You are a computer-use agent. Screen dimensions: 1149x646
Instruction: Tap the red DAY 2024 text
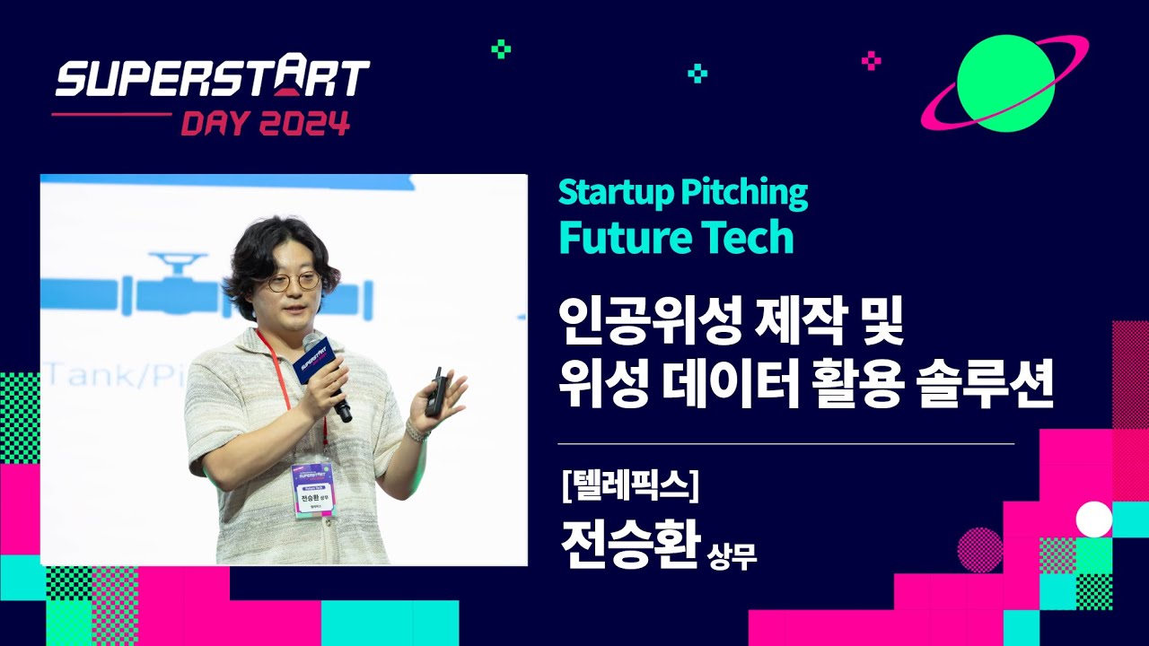pyautogui.click(x=266, y=122)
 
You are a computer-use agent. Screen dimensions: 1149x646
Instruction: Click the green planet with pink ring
pyautogui.click(x=1004, y=83)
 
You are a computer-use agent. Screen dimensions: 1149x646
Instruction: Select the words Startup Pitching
pyautogui.click(x=683, y=193)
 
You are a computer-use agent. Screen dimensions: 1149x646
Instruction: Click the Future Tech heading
pyautogui.click(x=676, y=236)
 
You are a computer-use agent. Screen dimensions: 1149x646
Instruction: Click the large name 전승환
pyautogui.click(x=631, y=544)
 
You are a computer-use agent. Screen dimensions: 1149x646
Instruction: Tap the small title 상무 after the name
pyautogui.click(x=732, y=555)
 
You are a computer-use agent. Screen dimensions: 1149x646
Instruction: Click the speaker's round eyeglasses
pyautogui.click(x=294, y=281)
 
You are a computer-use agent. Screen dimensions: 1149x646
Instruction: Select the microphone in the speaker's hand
pyautogui.click(x=324, y=373)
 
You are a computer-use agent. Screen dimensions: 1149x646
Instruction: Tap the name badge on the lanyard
pyautogui.click(x=312, y=490)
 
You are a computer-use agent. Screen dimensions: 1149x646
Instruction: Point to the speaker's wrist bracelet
pyautogui.click(x=417, y=431)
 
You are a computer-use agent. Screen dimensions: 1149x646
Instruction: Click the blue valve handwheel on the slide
pyautogui.click(x=178, y=262)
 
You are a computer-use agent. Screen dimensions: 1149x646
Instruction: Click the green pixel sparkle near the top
pyautogui.click(x=501, y=48)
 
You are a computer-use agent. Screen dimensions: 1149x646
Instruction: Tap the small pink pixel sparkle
pyautogui.click(x=871, y=61)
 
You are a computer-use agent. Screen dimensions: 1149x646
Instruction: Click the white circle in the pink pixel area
pyautogui.click(x=1093, y=519)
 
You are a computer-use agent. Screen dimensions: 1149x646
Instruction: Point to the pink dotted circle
pyautogui.click(x=979, y=550)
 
